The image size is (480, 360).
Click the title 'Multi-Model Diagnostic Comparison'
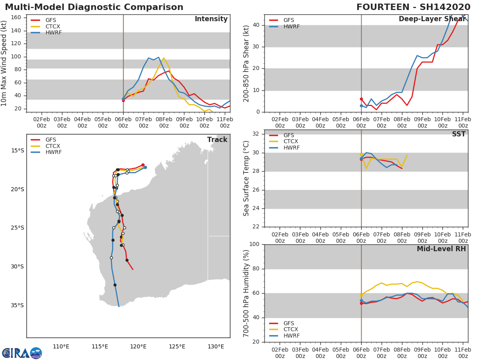94,7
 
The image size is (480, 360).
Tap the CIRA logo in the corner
22,353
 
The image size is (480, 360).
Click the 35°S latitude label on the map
17,305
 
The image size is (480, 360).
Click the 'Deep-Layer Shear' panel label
432,19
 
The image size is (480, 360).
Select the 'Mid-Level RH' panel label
441,249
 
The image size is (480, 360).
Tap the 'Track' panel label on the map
217,140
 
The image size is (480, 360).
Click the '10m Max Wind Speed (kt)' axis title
4,63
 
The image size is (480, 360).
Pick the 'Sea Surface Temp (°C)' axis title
246,178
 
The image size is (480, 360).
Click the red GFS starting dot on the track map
143,165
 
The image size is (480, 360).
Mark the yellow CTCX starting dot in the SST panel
361,154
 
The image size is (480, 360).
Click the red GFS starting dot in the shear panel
361,99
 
